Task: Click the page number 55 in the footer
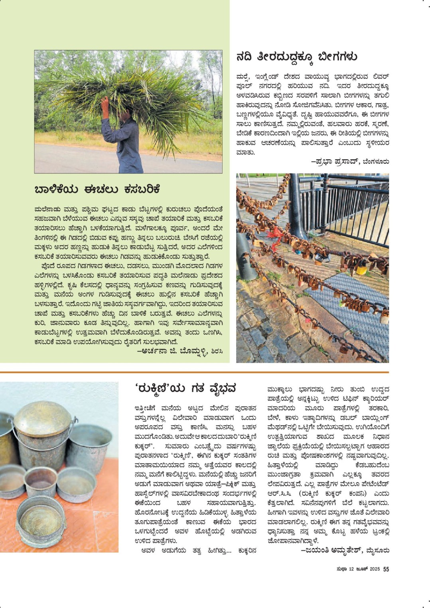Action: [386, 569]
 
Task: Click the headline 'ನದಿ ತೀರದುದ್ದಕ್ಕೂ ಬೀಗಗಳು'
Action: [296, 57]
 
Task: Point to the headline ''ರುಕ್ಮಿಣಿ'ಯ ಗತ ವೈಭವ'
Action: [185, 388]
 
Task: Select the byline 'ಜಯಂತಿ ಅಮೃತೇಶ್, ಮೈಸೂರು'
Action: [345, 550]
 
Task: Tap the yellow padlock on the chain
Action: [361, 270]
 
